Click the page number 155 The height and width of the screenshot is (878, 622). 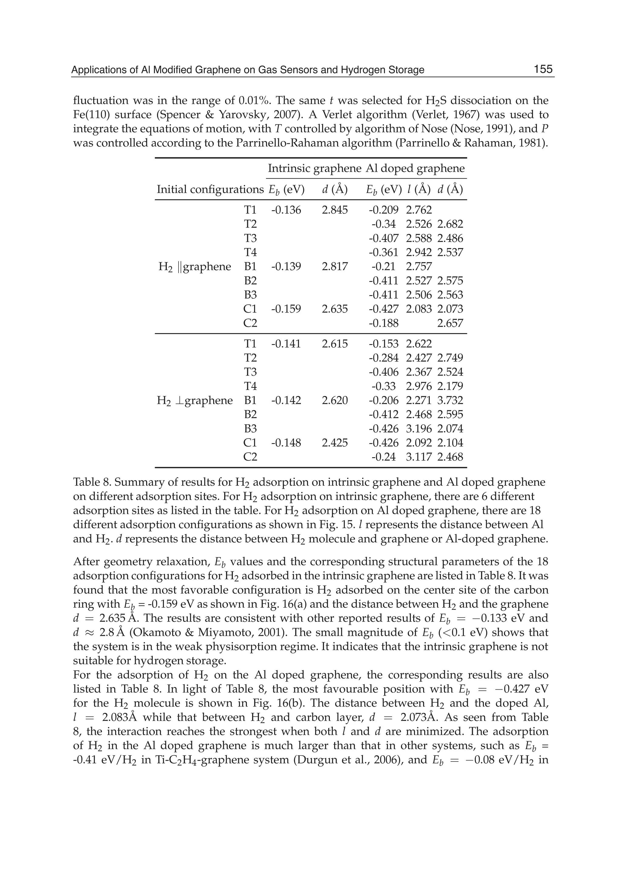click(x=543, y=69)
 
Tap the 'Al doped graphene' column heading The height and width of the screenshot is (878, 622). click(x=415, y=169)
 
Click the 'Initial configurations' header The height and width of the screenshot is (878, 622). click(x=210, y=189)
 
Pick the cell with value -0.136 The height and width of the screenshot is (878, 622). click(x=286, y=210)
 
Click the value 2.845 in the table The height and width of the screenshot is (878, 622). click(x=335, y=210)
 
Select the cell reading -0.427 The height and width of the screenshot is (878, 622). click(x=383, y=309)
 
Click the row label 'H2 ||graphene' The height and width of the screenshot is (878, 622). click(x=195, y=267)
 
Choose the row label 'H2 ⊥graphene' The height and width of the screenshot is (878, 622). click(x=195, y=401)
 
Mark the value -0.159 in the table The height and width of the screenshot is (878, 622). click(x=286, y=309)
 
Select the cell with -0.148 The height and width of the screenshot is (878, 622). click(x=286, y=443)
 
